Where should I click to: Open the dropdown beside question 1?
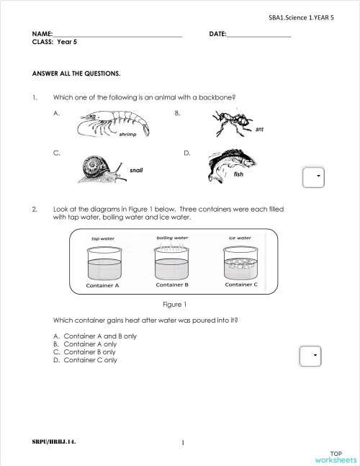point(313,176)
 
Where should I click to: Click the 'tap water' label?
point(103,238)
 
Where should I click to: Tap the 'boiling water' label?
point(172,238)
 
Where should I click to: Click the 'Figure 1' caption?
point(175,305)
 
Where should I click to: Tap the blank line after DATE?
point(258,35)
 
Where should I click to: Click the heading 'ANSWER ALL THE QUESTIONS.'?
point(76,73)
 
